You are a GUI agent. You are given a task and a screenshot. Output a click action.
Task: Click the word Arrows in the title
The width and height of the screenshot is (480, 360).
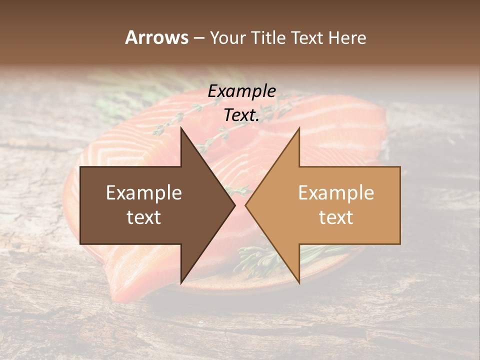(156, 37)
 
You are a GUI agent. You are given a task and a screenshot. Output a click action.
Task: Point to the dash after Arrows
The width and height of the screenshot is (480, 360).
(198, 38)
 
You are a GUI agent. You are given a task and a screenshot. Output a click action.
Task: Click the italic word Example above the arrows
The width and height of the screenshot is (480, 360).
(241, 91)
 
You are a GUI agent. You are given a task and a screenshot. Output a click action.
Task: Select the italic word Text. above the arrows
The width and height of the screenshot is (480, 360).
(241, 115)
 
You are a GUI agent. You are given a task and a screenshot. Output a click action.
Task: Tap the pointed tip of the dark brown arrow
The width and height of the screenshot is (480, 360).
(234, 205)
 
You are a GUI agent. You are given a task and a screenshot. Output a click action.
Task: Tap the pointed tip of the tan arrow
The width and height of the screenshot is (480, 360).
(246, 205)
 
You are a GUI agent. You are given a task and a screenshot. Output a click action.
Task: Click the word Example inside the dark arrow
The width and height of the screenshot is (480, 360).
(144, 193)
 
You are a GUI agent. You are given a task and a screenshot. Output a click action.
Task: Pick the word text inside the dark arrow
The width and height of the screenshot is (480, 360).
(144, 217)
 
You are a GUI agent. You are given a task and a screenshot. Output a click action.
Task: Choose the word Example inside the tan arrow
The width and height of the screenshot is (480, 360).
(336, 193)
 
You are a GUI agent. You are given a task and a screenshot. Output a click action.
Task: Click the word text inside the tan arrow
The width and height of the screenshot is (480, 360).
(336, 217)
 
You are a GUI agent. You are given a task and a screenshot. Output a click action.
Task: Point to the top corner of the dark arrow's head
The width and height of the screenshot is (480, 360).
(181, 128)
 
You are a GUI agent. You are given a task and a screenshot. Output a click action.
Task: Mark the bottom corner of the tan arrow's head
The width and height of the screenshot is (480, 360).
(299, 283)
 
